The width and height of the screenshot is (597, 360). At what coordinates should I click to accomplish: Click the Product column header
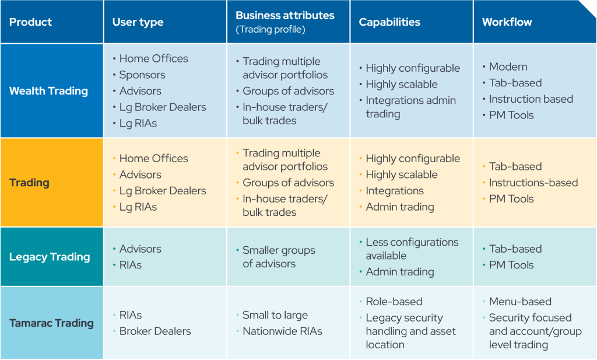tap(30, 22)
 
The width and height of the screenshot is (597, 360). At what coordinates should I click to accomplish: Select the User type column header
tap(138, 22)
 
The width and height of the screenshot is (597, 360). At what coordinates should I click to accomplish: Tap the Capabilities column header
tap(389, 22)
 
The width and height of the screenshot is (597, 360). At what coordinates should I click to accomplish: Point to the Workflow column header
tap(507, 22)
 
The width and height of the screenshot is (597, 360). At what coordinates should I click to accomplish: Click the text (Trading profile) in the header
tap(271, 29)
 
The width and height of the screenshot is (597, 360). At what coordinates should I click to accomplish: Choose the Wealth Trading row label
tap(49, 91)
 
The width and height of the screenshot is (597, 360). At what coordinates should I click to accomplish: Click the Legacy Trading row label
tap(50, 257)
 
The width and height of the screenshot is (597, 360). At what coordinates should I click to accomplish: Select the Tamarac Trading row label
tap(51, 323)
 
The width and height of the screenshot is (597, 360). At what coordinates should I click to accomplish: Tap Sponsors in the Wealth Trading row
tap(142, 75)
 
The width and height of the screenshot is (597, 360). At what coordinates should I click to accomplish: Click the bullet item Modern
tap(508, 67)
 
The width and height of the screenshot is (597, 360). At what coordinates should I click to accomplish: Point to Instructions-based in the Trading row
tap(533, 183)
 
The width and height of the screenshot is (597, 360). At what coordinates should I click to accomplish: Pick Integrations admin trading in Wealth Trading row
tap(411, 107)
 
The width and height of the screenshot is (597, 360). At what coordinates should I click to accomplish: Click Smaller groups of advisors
tap(279, 257)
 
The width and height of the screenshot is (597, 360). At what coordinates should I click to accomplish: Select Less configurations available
tap(412, 249)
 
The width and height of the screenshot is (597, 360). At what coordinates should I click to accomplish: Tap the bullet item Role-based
tap(394, 302)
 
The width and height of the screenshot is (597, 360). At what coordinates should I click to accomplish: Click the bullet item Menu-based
tap(520, 302)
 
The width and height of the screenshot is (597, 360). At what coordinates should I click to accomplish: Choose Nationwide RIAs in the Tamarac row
tap(283, 331)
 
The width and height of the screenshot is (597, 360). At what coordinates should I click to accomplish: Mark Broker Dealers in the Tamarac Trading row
tap(155, 331)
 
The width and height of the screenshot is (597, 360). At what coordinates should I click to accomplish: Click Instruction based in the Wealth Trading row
tap(531, 99)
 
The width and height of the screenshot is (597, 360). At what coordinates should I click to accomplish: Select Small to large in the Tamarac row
tap(275, 316)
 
